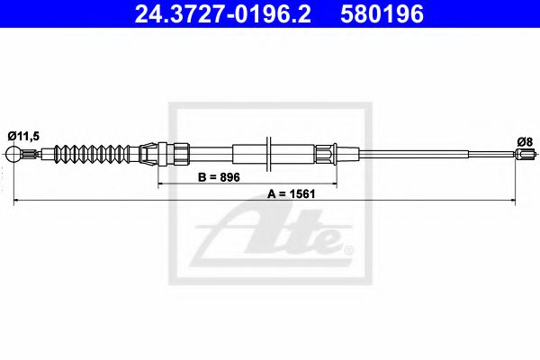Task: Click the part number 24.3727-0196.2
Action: point(222,14)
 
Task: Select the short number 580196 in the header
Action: point(382,14)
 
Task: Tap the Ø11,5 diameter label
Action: point(23,136)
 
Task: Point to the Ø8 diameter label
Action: point(525,141)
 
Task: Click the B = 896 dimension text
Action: point(219,177)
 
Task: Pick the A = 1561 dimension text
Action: point(292,194)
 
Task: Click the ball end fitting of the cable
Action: point(13,154)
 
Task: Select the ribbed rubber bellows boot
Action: point(92,154)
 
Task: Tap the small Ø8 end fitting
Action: point(526,153)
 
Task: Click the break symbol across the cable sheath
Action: point(268,154)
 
